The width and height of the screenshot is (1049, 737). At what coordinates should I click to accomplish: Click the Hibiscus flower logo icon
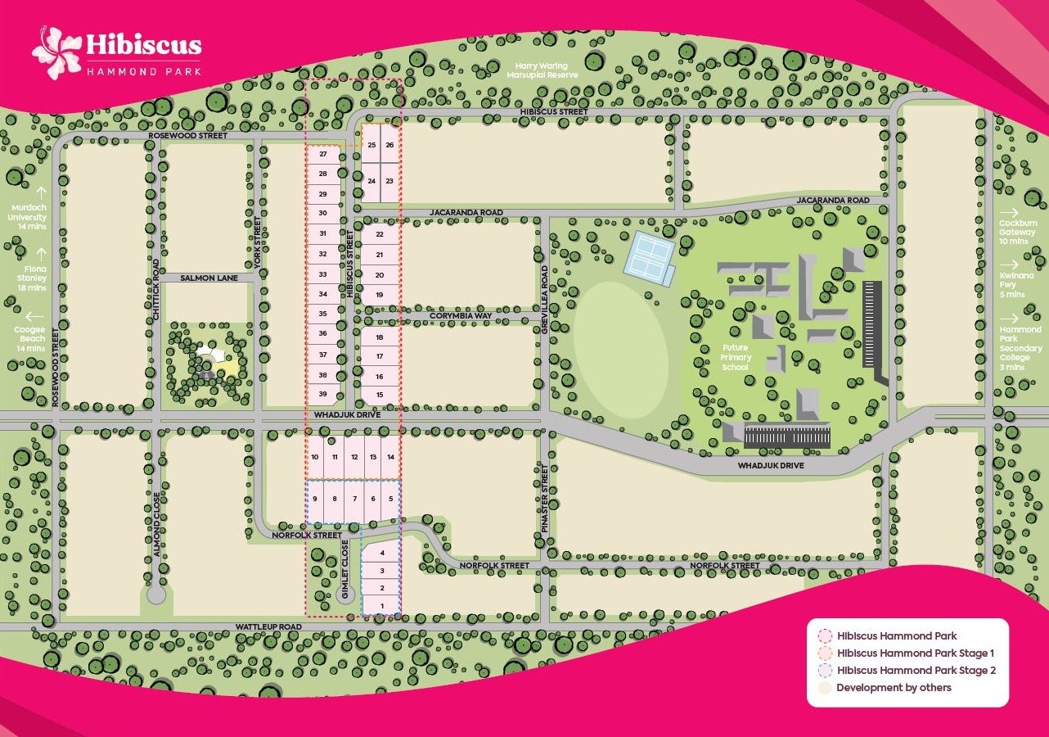(56, 52)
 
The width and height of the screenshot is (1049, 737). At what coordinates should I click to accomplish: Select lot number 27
(323, 154)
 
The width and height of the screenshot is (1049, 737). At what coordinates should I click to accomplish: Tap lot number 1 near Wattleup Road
(381, 606)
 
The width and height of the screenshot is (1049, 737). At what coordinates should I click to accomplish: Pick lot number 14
(391, 456)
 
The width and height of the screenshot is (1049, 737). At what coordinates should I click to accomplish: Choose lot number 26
(390, 145)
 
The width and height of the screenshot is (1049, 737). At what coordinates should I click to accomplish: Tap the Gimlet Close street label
(345, 562)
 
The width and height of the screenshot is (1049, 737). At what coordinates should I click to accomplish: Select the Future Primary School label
(735, 357)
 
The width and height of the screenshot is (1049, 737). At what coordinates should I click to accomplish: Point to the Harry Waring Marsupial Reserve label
(543, 70)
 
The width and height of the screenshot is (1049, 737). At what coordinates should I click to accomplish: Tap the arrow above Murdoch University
(39, 193)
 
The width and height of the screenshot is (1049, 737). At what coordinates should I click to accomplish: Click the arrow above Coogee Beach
(34, 316)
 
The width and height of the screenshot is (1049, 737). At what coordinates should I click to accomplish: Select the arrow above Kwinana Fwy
(1012, 265)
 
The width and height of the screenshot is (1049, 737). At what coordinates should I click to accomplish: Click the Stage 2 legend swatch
(825, 671)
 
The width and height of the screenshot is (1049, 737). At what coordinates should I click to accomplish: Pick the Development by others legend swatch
(825, 688)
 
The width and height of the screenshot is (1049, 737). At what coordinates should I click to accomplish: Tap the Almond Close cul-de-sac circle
(155, 595)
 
